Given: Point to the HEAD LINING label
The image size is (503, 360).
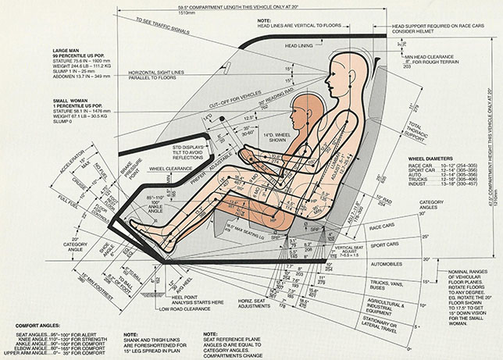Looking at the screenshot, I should (300, 46).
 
